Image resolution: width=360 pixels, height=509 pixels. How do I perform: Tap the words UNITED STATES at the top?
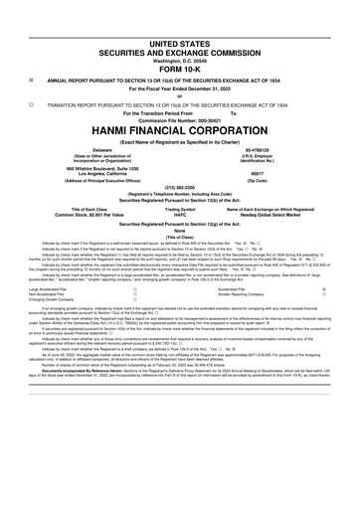(x=180, y=16)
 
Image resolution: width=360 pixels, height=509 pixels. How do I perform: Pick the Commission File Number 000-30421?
(x=180, y=93)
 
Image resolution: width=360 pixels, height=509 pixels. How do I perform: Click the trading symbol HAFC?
(x=180, y=188)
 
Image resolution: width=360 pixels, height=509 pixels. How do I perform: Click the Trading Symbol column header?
(x=180, y=182)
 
